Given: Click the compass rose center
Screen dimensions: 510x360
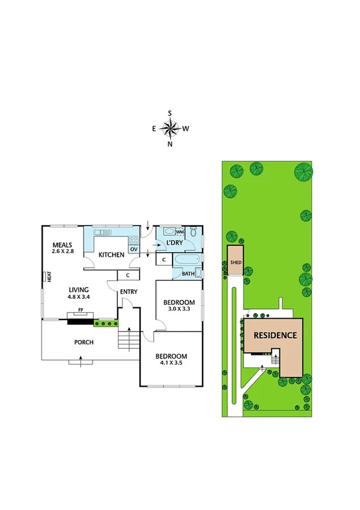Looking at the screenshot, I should [x=171, y=128].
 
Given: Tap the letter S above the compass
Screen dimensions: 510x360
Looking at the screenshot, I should [x=171, y=113].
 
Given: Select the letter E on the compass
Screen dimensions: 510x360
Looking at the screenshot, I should [x=154, y=128].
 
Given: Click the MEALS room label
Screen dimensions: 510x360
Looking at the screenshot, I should [x=62, y=245].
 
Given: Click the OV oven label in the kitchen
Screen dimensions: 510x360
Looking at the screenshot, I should [x=133, y=249].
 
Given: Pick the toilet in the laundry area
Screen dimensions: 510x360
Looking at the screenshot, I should [x=193, y=232].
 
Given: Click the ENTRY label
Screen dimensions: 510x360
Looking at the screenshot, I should [x=129, y=292].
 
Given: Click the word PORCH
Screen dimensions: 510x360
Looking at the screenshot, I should [x=84, y=342].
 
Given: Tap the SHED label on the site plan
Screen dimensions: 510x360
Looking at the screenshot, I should [x=235, y=263].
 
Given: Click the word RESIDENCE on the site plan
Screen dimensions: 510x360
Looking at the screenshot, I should [x=275, y=336].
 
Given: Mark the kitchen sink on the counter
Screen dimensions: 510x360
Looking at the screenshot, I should [x=102, y=231].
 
